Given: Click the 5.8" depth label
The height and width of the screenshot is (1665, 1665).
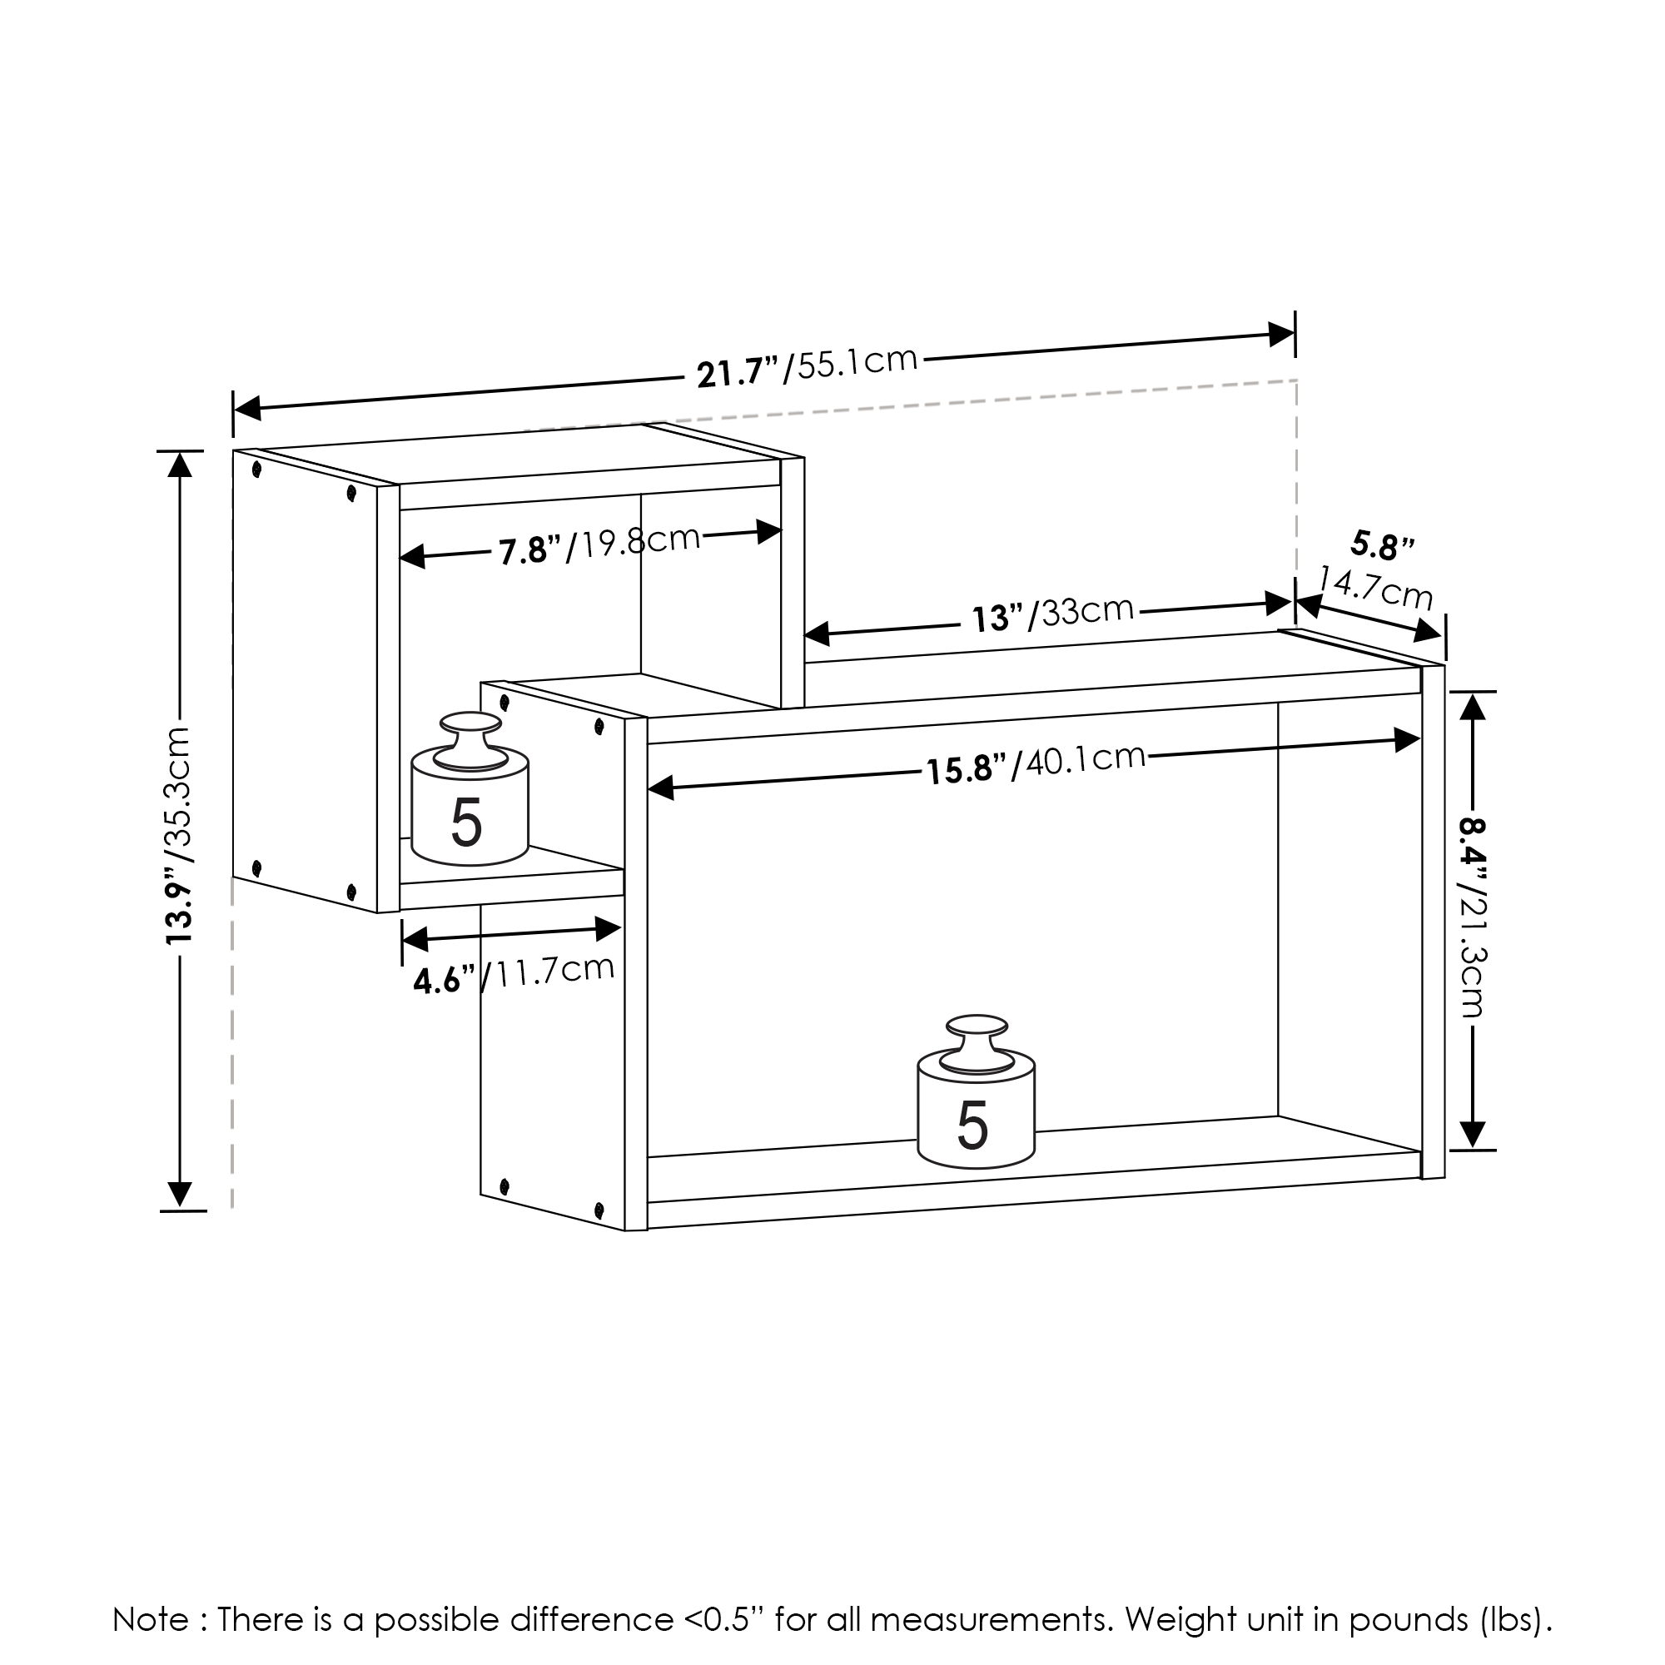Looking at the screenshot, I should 1382,544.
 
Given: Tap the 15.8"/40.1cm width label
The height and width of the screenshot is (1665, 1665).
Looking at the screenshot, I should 1035,763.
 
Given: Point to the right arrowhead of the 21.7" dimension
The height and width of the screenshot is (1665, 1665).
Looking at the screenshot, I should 1281,335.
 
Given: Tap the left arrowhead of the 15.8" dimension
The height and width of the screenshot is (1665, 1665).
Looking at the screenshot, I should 660,786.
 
